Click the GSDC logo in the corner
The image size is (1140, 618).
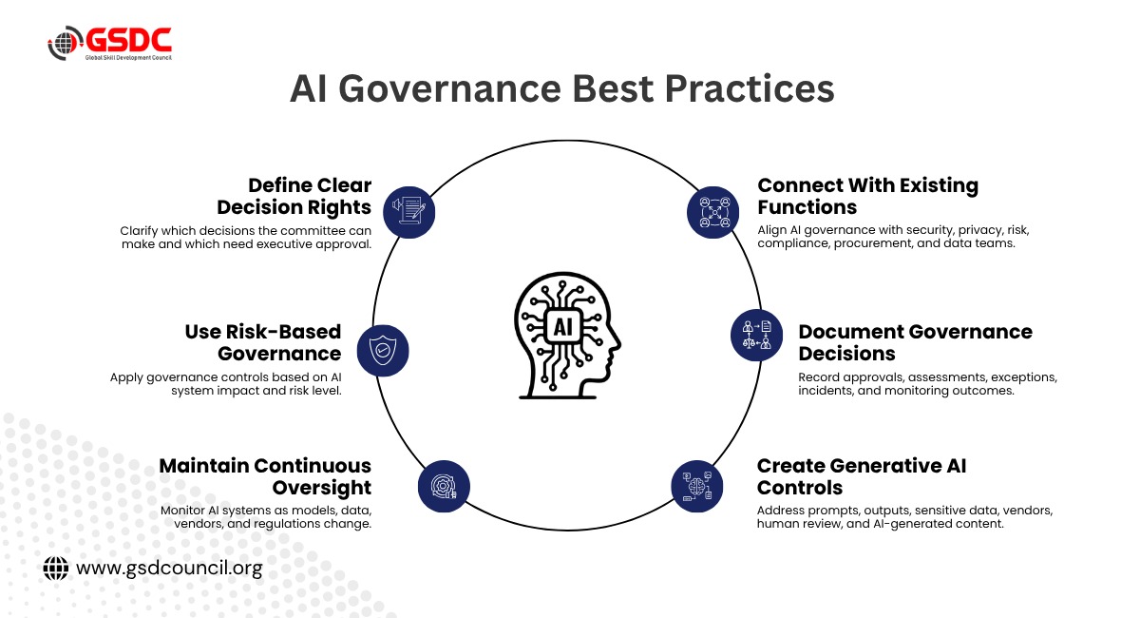point(110,44)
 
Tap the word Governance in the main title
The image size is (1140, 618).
point(449,89)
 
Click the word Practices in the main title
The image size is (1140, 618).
point(750,89)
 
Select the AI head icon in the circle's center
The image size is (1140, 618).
point(567,336)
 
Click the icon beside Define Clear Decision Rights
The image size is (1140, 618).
point(408,212)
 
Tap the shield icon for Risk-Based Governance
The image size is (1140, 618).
point(383,351)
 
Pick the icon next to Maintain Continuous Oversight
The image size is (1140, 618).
point(444,486)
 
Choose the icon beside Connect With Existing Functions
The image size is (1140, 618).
point(712,212)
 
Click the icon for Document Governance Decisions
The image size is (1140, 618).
point(757,336)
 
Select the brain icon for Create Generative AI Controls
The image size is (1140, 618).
point(696,486)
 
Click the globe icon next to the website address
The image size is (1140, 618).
point(55,568)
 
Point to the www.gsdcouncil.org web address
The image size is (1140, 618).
point(169,568)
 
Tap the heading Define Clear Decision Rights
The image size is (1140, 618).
point(294,196)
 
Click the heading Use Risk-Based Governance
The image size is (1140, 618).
point(263,342)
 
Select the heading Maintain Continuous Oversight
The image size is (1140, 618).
point(265,476)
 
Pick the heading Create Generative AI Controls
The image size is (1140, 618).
point(861,476)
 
